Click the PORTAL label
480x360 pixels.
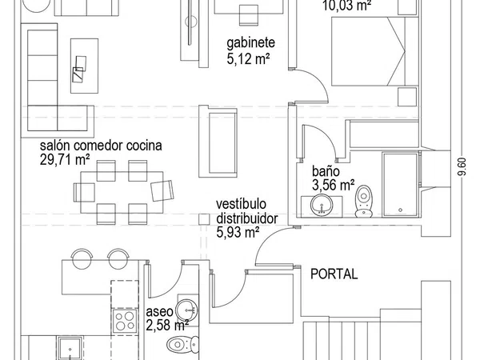click(334, 274)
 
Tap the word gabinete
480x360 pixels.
click(250, 43)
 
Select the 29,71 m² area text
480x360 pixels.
click(65, 160)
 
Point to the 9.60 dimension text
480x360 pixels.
click(462, 166)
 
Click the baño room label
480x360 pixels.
click(326, 171)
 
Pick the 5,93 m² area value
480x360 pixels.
click(238, 232)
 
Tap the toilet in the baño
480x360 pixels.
click(364, 202)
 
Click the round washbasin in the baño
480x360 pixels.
click(322, 205)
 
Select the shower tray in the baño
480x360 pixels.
click(400, 185)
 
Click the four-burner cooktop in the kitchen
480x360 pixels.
click(125, 321)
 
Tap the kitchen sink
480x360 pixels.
click(70, 348)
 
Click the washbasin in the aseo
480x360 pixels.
click(187, 310)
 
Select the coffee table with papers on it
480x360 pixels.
click(84, 66)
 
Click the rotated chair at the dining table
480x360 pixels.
click(162, 190)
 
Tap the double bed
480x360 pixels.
click(375, 51)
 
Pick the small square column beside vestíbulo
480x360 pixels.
click(204, 219)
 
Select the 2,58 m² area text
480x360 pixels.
click(167, 326)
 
